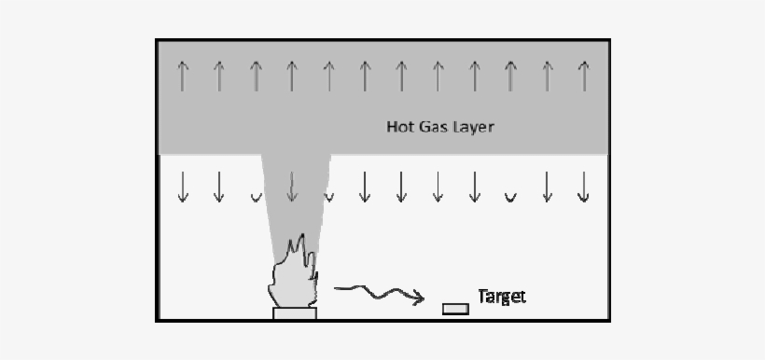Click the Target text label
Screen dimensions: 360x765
(502, 297)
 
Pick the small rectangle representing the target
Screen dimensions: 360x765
(455, 309)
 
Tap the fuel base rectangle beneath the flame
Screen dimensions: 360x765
(295, 314)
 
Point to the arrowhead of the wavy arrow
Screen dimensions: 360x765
(419, 298)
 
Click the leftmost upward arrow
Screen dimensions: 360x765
(183, 75)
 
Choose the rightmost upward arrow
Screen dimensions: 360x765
(583, 75)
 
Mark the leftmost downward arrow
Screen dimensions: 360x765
(183, 187)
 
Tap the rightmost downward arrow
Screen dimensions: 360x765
(583, 187)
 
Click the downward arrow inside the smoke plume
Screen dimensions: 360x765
(292, 187)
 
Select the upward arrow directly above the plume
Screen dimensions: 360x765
(292, 75)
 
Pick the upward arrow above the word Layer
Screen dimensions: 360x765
(474, 75)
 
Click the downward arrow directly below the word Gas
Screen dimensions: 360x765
(438, 187)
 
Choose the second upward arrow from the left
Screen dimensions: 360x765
(219, 75)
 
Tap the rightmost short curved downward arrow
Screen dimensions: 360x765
(510, 197)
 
